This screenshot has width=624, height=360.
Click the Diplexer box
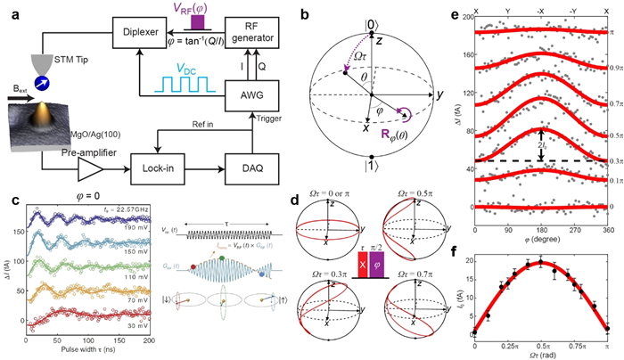click(139, 36)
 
